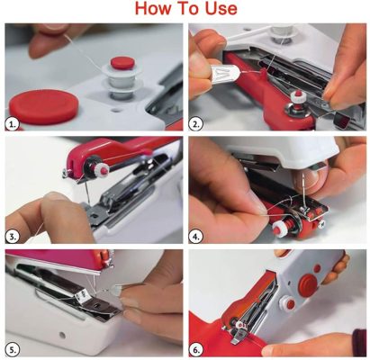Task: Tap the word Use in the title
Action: [218, 10]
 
